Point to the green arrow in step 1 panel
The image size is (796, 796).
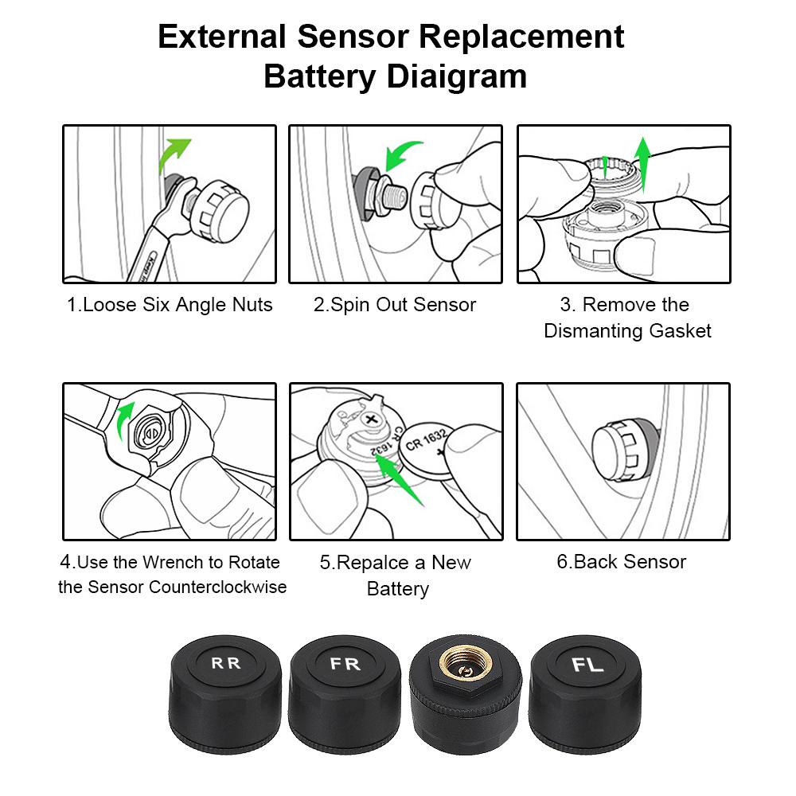click(x=174, y=155)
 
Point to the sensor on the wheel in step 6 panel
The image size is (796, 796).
click(x=626, y=451)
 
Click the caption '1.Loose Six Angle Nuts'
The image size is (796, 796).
click(x=170, y=305)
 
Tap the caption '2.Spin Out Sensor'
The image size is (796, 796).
click(x=395, y=305)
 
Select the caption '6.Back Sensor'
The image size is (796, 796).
click(x=621, y=562)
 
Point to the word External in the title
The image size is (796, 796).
click(x=222, y=37)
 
